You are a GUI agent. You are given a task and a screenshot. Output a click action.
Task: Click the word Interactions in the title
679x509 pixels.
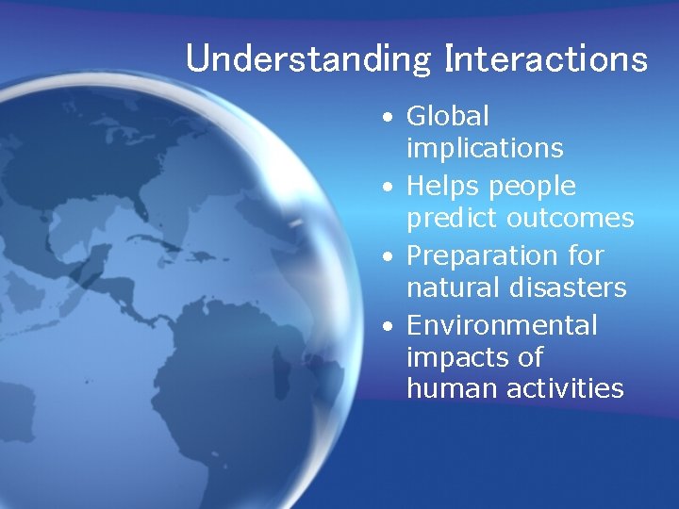coord(547,58)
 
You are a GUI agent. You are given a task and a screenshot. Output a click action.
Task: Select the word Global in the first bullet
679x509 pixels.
coord(448,117)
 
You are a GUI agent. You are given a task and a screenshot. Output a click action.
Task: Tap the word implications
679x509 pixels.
coord(485,149)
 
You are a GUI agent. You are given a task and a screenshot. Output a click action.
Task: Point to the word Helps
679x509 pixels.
coord(443,186)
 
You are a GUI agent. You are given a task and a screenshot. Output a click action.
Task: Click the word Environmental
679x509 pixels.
coord(502,325)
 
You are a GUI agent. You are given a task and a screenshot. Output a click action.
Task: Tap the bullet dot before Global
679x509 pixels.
coord(388,120)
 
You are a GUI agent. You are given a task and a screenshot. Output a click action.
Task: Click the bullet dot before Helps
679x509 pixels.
coord(388,189)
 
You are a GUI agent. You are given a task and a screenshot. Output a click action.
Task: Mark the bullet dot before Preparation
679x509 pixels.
coord(388,258)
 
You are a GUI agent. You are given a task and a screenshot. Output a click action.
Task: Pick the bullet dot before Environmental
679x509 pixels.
coord(388,328)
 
